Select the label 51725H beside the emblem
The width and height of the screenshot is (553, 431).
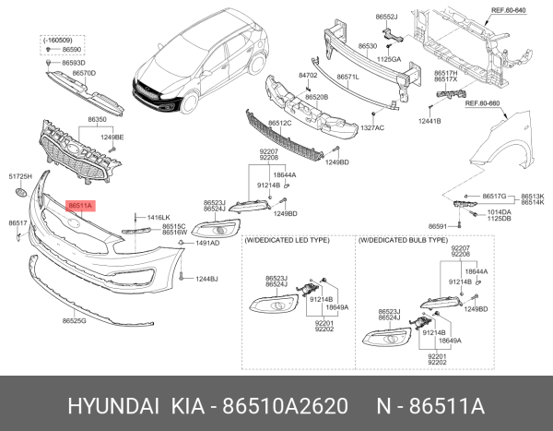coord(20,175)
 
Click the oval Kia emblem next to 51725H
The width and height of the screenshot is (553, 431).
coord(18,193)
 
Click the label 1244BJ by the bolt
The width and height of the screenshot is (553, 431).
coord(206,278)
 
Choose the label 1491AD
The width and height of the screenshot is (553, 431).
coord(207,243)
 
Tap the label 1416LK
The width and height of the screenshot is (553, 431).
coord(159,217)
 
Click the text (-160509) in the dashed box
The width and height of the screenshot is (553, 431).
coord(58,42)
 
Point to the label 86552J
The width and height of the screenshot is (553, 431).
coord(387,18)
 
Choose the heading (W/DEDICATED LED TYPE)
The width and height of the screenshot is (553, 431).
coord(287,239)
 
